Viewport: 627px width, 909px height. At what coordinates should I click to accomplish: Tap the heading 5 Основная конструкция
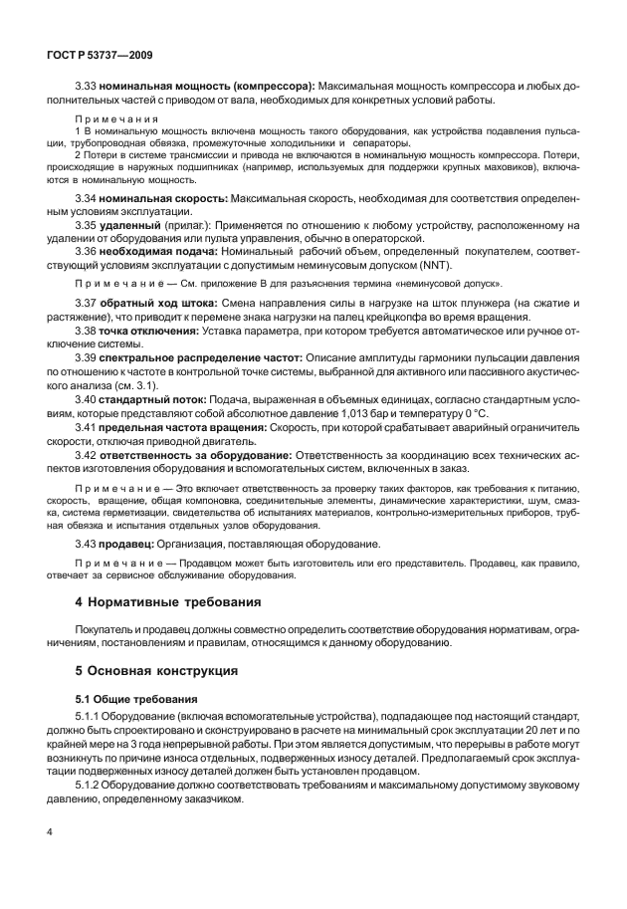tap(157, 672)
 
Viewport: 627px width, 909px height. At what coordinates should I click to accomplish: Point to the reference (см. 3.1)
tap(148, 383)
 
